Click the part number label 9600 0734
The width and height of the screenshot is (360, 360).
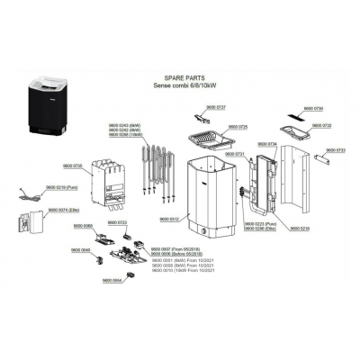[x=267, y=144]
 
